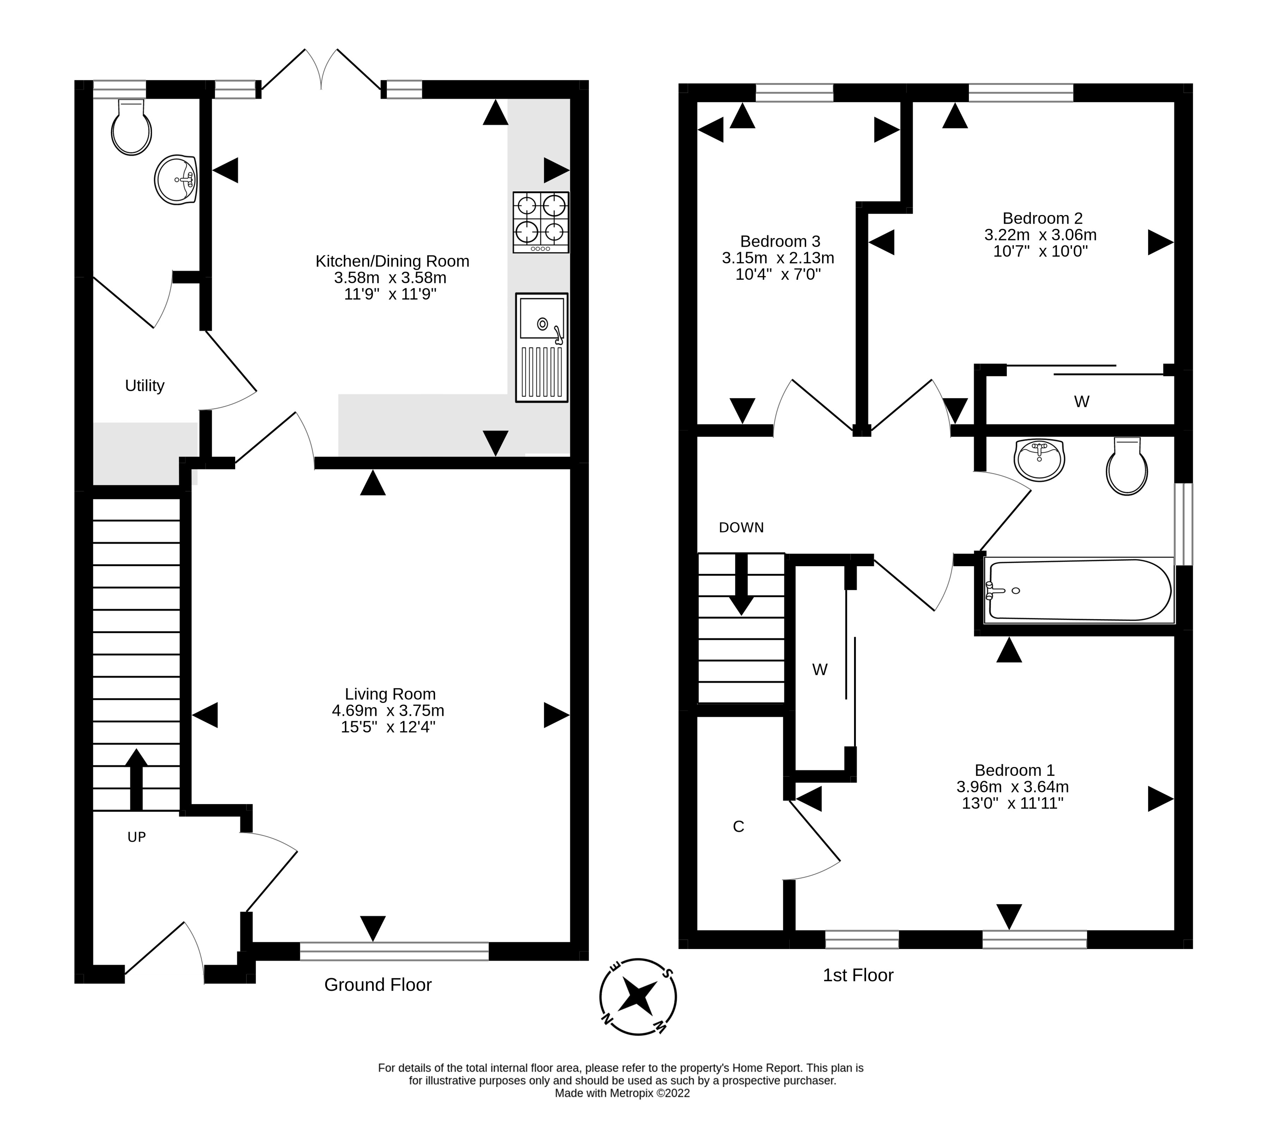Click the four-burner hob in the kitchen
click(x=541, y=222)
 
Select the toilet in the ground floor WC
click(x=131, y=127)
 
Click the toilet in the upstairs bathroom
click(x=1127, y=466)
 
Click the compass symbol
click(x=638, y=997)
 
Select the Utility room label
click(x=145, y=386)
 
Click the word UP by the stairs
click(x=136, y=837)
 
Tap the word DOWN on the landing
click(x=741, y=528)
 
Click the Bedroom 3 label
click(x=780, y=241)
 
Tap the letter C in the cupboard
click(x=738, y=827)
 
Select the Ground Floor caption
click(x=378, y=985)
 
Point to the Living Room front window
click(x=394, y=951)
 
